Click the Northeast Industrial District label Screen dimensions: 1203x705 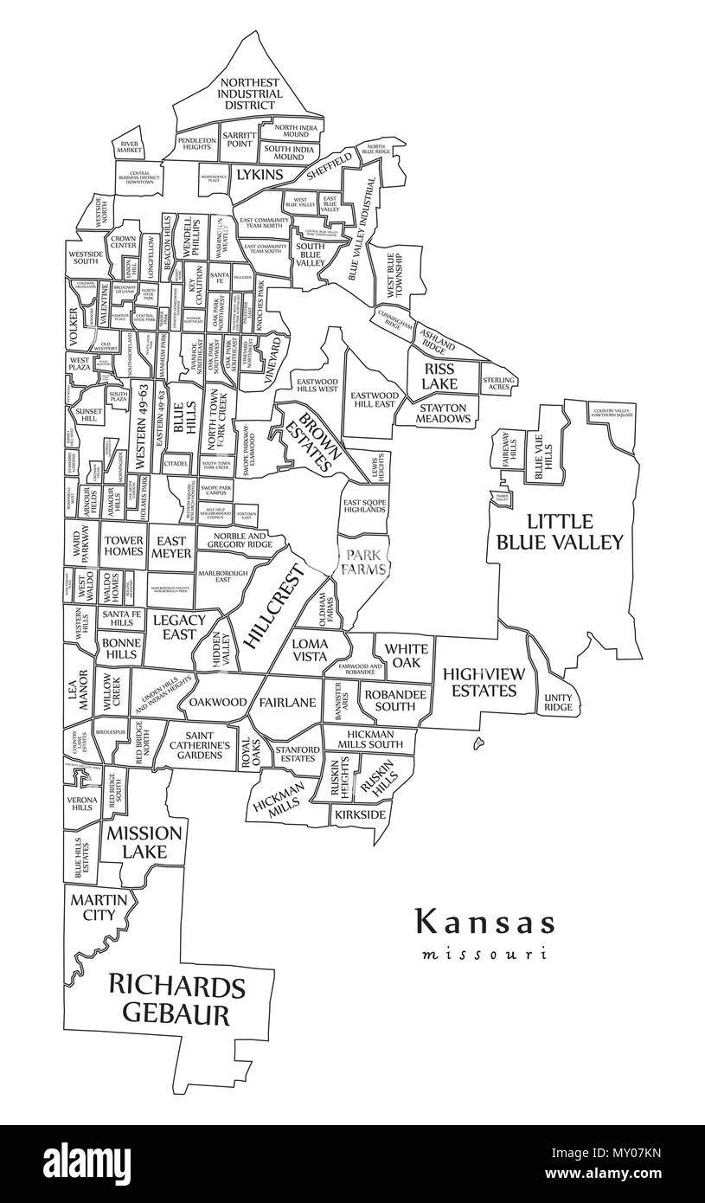250,93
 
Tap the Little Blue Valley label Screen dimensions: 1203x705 558,531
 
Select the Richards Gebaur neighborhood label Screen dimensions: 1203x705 176,999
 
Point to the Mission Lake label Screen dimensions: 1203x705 144,842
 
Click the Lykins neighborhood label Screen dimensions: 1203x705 260,175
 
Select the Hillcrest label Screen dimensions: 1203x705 277,606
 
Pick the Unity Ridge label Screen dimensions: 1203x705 558,702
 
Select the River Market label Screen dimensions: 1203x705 130,147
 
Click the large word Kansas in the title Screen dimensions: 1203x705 484,922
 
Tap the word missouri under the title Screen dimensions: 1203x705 484,955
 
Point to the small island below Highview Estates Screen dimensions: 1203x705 477,742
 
